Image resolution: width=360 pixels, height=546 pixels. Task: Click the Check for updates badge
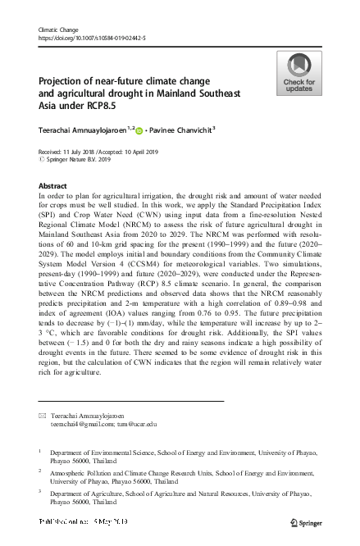pos(298,72)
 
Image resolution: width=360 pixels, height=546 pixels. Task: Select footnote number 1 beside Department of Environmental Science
pos(40,450)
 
